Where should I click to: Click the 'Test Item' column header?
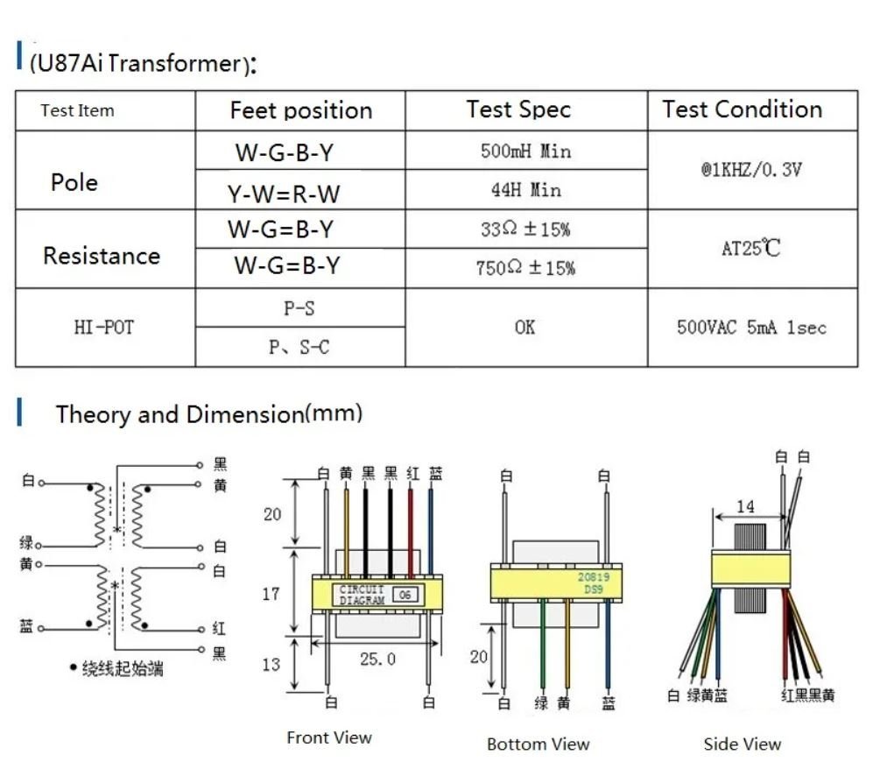[77, 111]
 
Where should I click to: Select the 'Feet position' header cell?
[300, 111]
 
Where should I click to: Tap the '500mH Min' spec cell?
[525, 152]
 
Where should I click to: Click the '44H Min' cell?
[525, 190]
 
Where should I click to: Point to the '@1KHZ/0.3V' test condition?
[750, 170]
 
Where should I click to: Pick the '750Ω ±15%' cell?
[525, 268]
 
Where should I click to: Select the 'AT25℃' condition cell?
[750, 249]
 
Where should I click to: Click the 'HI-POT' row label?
[104, 328]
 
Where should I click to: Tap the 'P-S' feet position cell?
[299, 308]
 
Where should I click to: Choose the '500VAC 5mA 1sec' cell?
[751, 328]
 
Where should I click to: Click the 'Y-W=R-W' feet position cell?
[284, 191]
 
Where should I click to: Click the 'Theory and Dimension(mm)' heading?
[208, 413]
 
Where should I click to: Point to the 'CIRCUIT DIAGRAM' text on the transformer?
[363, 596]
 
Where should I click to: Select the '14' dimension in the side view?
[745, 506]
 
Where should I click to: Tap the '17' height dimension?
[271, 594]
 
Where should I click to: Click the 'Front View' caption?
[329, 738]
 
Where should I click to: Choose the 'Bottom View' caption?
[538, 744]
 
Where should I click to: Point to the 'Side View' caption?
[742, 744]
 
